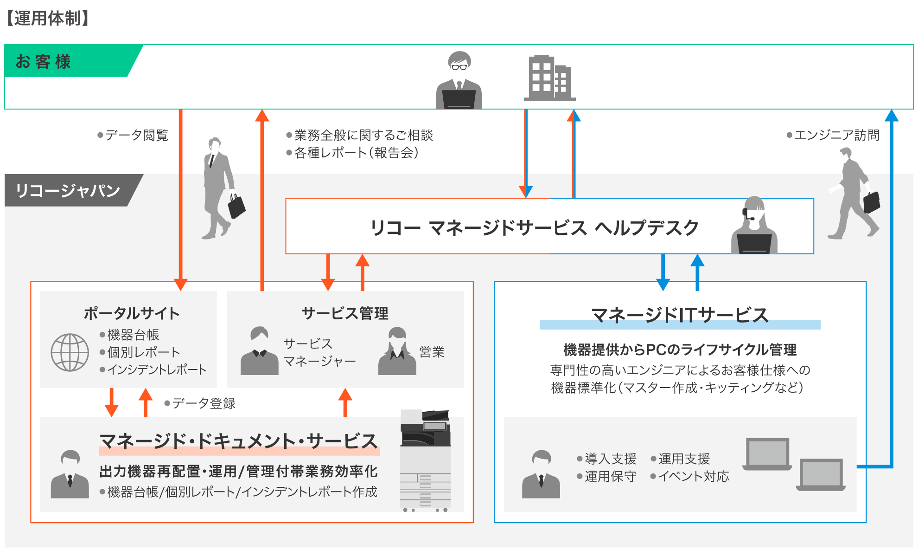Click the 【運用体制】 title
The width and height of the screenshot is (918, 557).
[x=48, y=19]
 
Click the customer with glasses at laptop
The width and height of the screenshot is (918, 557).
[x=459, y=82]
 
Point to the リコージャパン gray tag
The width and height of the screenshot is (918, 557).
[x=68, y=190]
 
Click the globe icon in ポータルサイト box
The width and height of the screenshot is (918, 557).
[x=70, y=352]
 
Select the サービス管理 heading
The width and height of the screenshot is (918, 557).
[x=345, y=313]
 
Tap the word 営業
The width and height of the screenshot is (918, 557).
[x=432, y=352]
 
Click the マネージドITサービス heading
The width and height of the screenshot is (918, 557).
[x=680, y=315]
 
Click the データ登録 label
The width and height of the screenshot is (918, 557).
[x=204, y=403]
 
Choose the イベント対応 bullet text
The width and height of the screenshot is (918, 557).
[x=693, y=476]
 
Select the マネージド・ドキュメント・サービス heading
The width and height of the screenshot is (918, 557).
[x=239, y=441]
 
